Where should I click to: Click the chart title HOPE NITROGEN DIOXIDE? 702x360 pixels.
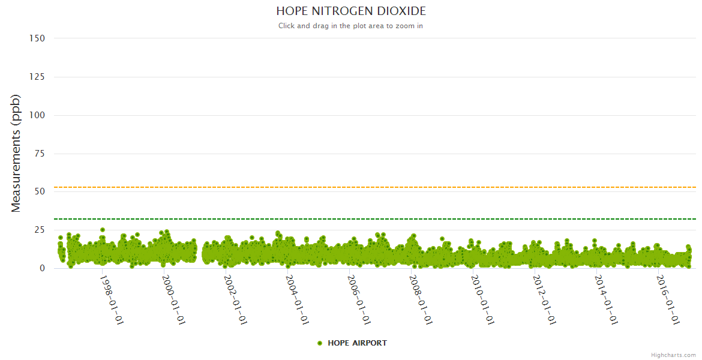(x=351, y=11)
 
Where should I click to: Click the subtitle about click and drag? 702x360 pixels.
(x=351, y=26)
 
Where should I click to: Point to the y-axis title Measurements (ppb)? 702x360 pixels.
(x=16, y=153)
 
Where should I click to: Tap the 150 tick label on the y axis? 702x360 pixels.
(x=37, y=38)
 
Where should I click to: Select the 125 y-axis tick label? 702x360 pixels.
(x=37, y=77)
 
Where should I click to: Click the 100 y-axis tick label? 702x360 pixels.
(x=37, y=115)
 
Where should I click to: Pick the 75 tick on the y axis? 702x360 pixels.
(x=39, y=154)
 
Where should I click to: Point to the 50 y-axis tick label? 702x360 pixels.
(x=39, y=191)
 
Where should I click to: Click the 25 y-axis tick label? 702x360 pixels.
(x=39, y=230)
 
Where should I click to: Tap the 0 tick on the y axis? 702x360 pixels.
(x=42, y=268)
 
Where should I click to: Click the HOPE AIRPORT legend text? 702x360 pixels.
(x=357, y=343)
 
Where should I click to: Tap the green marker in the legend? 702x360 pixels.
(x=320, y=343)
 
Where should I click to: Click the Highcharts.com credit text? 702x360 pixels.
(x=673, y=355)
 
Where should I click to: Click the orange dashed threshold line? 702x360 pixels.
(x=360, y=187)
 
